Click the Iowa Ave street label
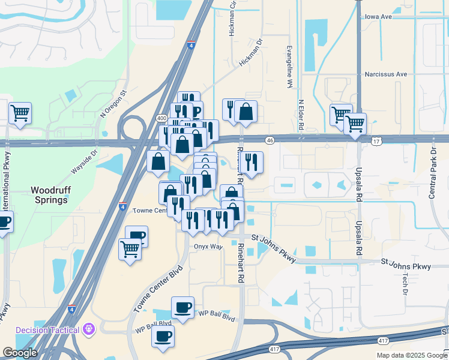(x=378, y=17)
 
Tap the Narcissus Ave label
(x=385, y=74)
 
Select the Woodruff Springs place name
(x=49, y=195)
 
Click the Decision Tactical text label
(x=47, y=329)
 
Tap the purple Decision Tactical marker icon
(x=89, y=329)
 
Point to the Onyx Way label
(x=208, y=247)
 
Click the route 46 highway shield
(x=271, y=140)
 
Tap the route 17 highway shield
(x=376, y=141)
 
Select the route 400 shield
(x=161, y=118)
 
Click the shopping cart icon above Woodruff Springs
(x=20, y=112)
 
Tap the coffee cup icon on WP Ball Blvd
(x=182, y=308)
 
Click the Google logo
(x=20, y=353)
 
